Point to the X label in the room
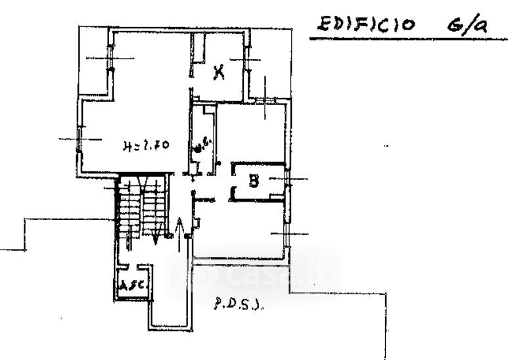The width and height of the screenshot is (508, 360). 219,72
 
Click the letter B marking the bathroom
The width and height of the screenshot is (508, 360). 253,180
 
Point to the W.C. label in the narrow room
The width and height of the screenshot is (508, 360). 202,145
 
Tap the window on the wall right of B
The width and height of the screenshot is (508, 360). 288,179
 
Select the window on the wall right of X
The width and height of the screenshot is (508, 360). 248,63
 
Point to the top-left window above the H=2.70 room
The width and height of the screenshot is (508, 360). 110,59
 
